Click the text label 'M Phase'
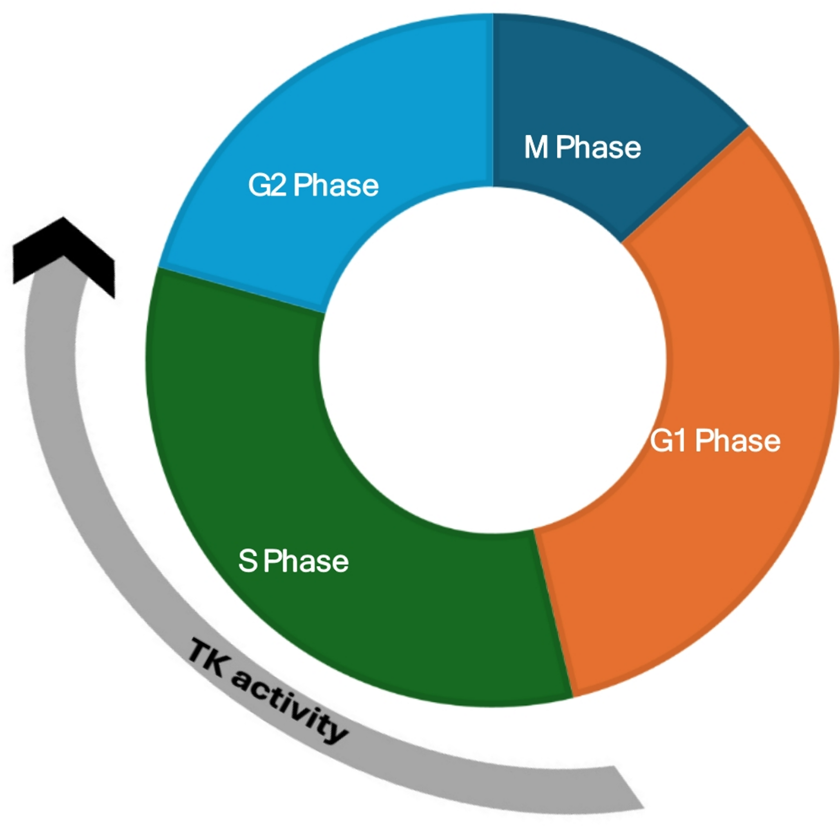(582, 147)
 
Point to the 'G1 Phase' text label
(715, 441)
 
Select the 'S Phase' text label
(293, 561)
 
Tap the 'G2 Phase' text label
(313, 185)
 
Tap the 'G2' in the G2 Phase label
(267, 185)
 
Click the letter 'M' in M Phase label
(536, 147)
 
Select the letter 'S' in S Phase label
(248, 561)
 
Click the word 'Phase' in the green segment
(306, 561)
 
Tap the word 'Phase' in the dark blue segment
(598, 147)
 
